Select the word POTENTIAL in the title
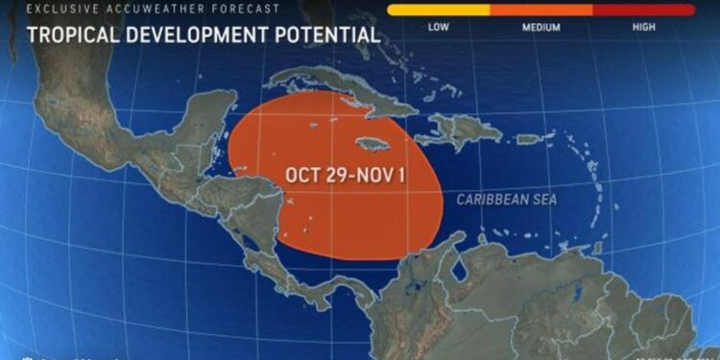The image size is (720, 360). point(326,36)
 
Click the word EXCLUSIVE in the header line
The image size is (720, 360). point(56,9)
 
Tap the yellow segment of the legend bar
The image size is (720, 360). point(437,11)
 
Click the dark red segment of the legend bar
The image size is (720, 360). point(643,11)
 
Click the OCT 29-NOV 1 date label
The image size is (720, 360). point(346,176)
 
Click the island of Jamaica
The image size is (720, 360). point(375,143)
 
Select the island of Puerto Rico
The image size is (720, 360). point(531,139)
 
